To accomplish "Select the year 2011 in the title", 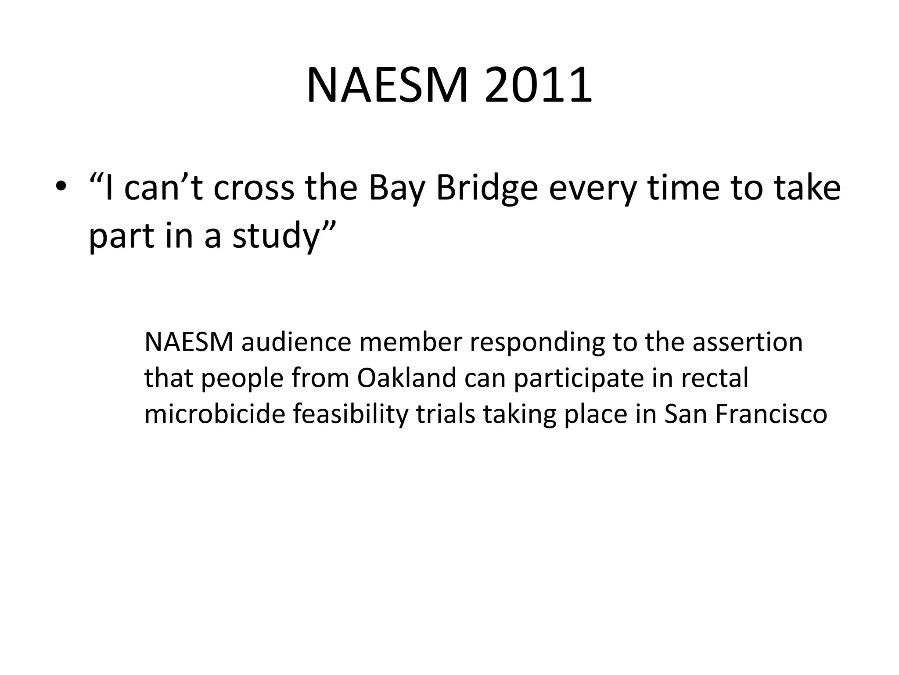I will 538,85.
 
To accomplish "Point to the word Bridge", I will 487,188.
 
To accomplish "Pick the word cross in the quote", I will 253,188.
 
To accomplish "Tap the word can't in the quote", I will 163,188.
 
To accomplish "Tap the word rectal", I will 715,378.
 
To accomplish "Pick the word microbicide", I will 215,414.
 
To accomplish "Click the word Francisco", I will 771,414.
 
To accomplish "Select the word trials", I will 446,414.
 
